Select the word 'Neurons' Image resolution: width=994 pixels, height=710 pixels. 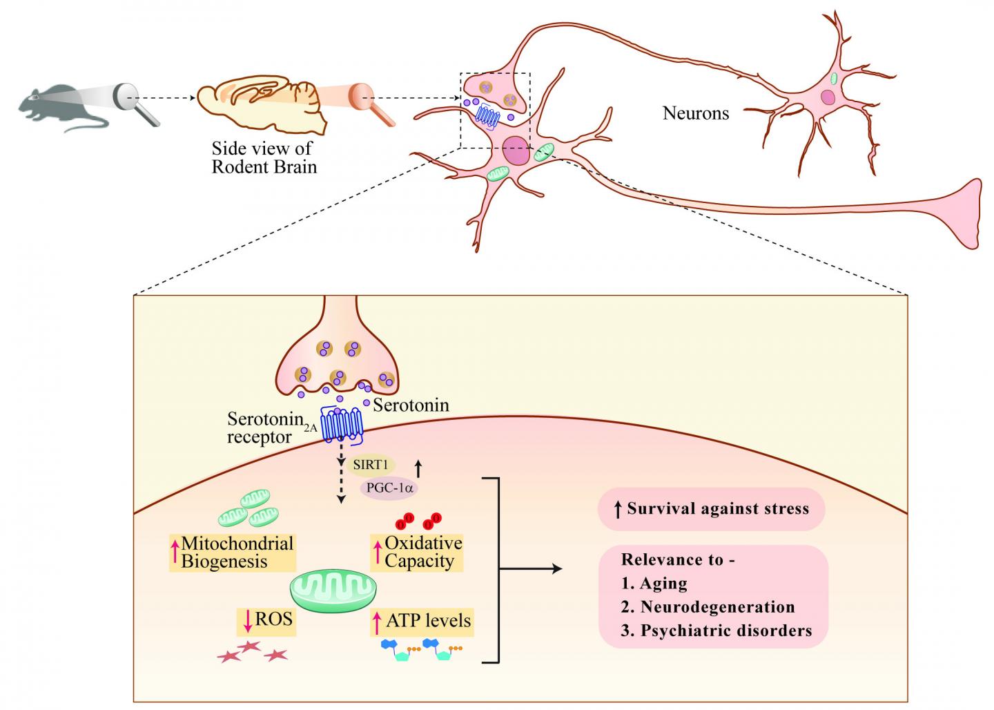[x=695, y=113]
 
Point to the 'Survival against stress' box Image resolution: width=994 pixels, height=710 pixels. [x=711, y=510]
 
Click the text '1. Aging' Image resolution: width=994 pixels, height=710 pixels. [x=654, y=583]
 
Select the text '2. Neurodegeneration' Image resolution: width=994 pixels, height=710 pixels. [x=708, y=606]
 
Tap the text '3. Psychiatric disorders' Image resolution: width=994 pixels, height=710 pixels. [x=716, y=630]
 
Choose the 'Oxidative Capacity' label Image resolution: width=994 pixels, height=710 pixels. [x=417, y=552]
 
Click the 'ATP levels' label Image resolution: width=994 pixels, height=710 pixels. [x=422, y=621]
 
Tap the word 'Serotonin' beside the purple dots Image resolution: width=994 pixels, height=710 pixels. [x=411, y=405]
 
